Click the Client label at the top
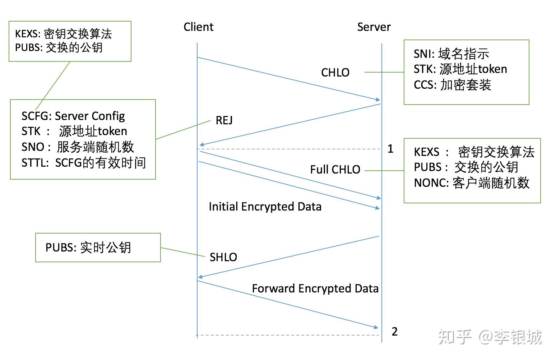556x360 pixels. [198, 27]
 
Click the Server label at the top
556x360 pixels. [374, 27]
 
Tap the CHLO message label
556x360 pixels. [335, 73]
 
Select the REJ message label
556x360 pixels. [224, 120]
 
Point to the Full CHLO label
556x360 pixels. [335, 170]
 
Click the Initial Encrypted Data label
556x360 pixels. [265, 207]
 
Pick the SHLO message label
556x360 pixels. [223, 257]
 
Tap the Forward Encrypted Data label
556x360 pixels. [315, 289]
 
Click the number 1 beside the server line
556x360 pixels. [390, 149]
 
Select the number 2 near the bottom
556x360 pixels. [394, 332]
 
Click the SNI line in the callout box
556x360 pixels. [451, 54]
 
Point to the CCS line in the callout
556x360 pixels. [452, 85]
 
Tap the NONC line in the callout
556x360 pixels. [472, 183]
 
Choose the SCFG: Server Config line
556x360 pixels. [73, 116]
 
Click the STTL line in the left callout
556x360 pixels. [84, 163]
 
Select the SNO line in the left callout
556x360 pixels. [78, 147]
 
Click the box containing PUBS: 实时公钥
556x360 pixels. [98, 248]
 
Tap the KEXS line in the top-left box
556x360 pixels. [64, 34]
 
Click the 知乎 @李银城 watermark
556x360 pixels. [490, 337]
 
